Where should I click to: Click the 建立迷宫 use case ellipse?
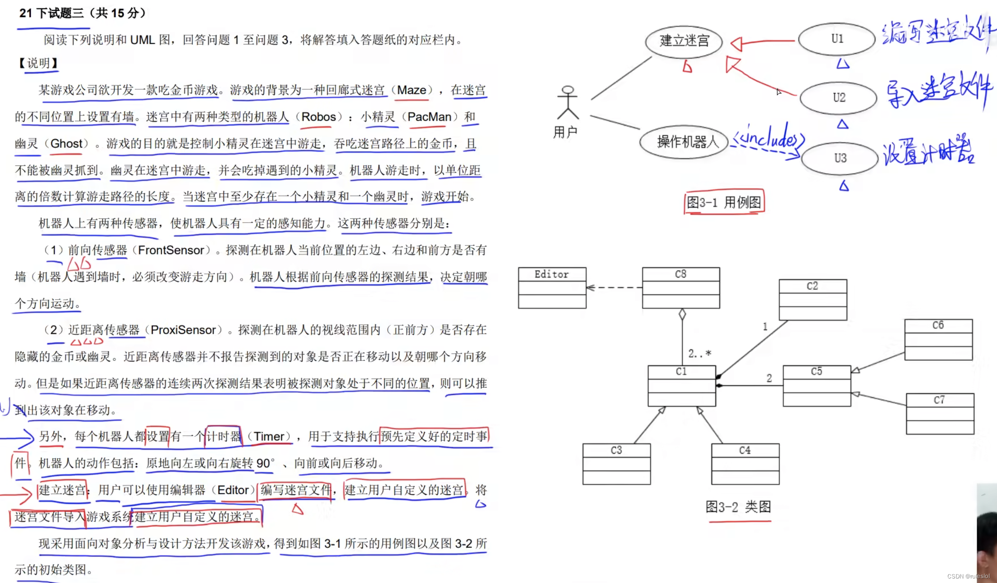684,41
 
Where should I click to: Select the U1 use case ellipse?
837,39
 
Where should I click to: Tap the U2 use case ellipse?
838,98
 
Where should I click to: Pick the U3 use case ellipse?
840,158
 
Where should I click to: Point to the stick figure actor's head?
568,90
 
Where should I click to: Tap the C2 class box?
813,299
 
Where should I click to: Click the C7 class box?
940,413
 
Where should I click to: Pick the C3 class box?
616,464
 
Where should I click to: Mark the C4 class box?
745,464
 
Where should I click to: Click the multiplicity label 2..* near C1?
699,354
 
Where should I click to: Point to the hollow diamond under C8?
682,314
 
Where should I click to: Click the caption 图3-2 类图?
738,507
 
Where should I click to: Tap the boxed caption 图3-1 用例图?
724,202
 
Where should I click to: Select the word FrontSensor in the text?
171,250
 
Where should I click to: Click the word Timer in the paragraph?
269,436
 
